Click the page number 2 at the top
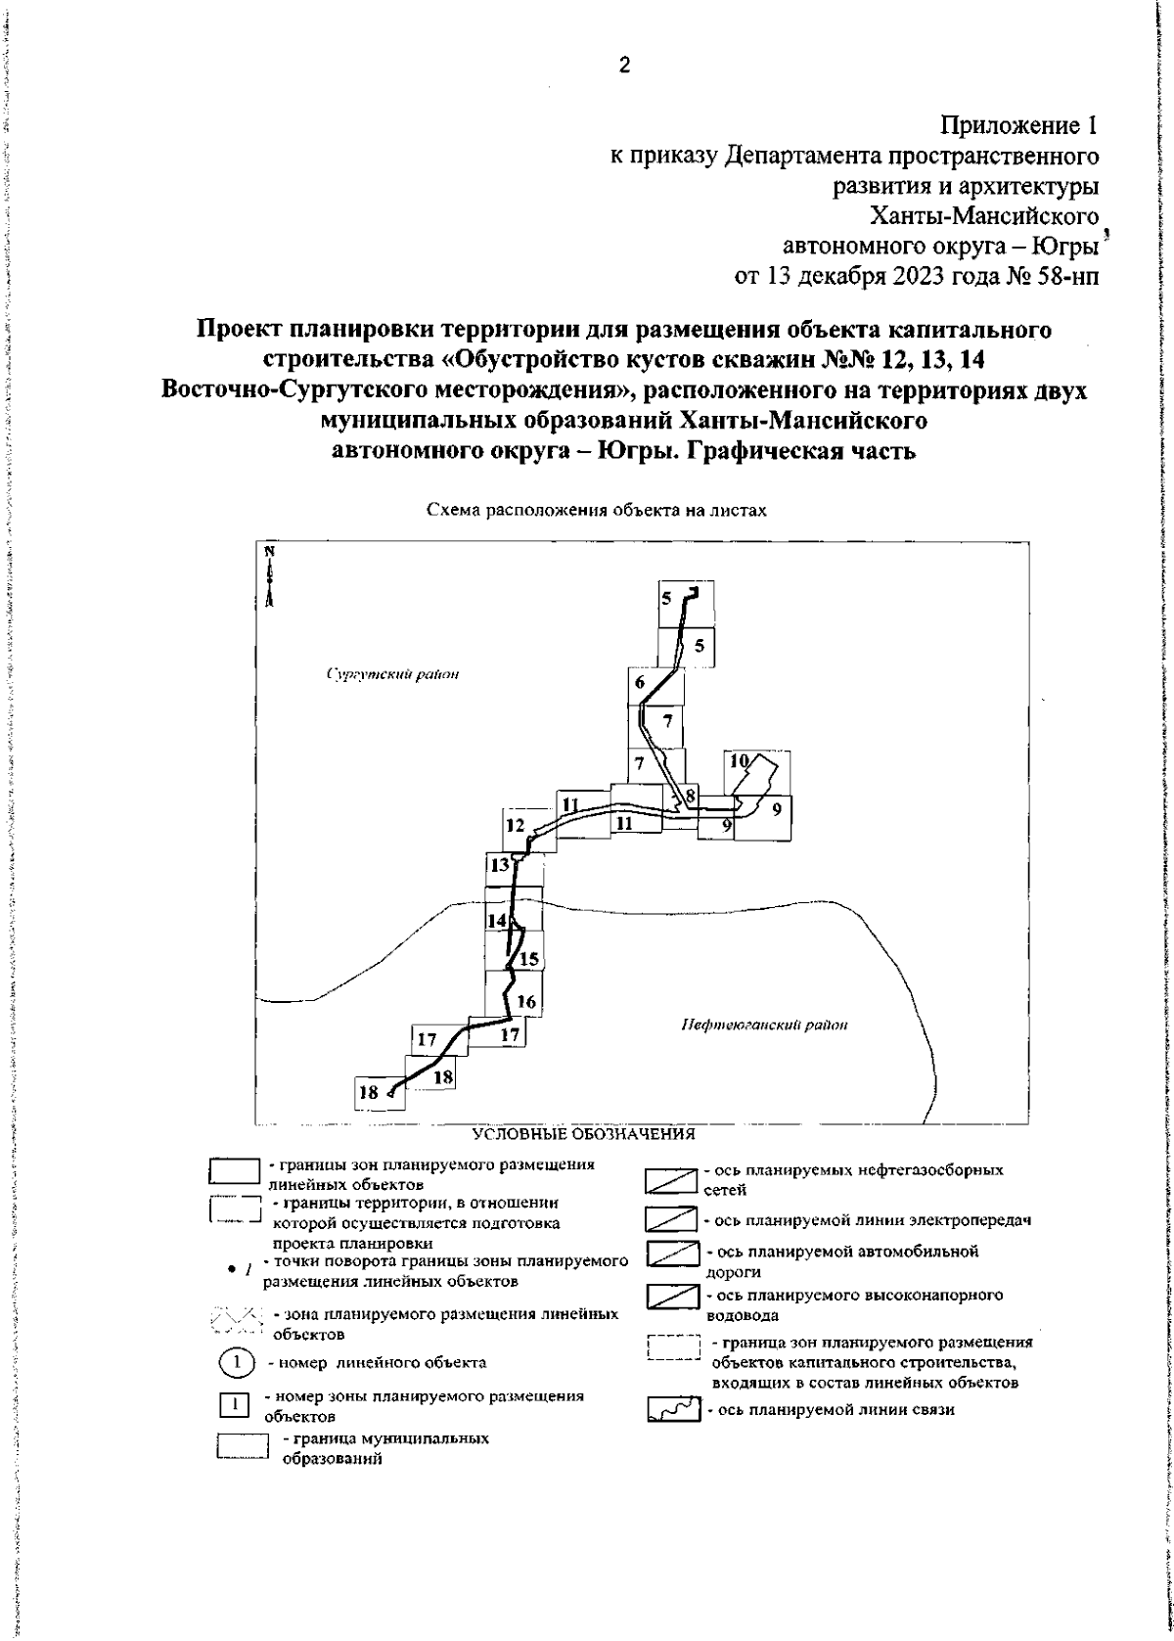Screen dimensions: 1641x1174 click(624, 67)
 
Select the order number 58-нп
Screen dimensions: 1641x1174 click(1063, 276)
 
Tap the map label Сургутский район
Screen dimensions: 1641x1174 click(406, 674)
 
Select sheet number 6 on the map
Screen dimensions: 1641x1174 click(640, 683)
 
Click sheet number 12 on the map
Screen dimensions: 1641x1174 click(517, 825)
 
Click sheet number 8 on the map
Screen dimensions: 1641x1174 click(690, 795)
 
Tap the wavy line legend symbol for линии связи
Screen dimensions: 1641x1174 click(674, 1409)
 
